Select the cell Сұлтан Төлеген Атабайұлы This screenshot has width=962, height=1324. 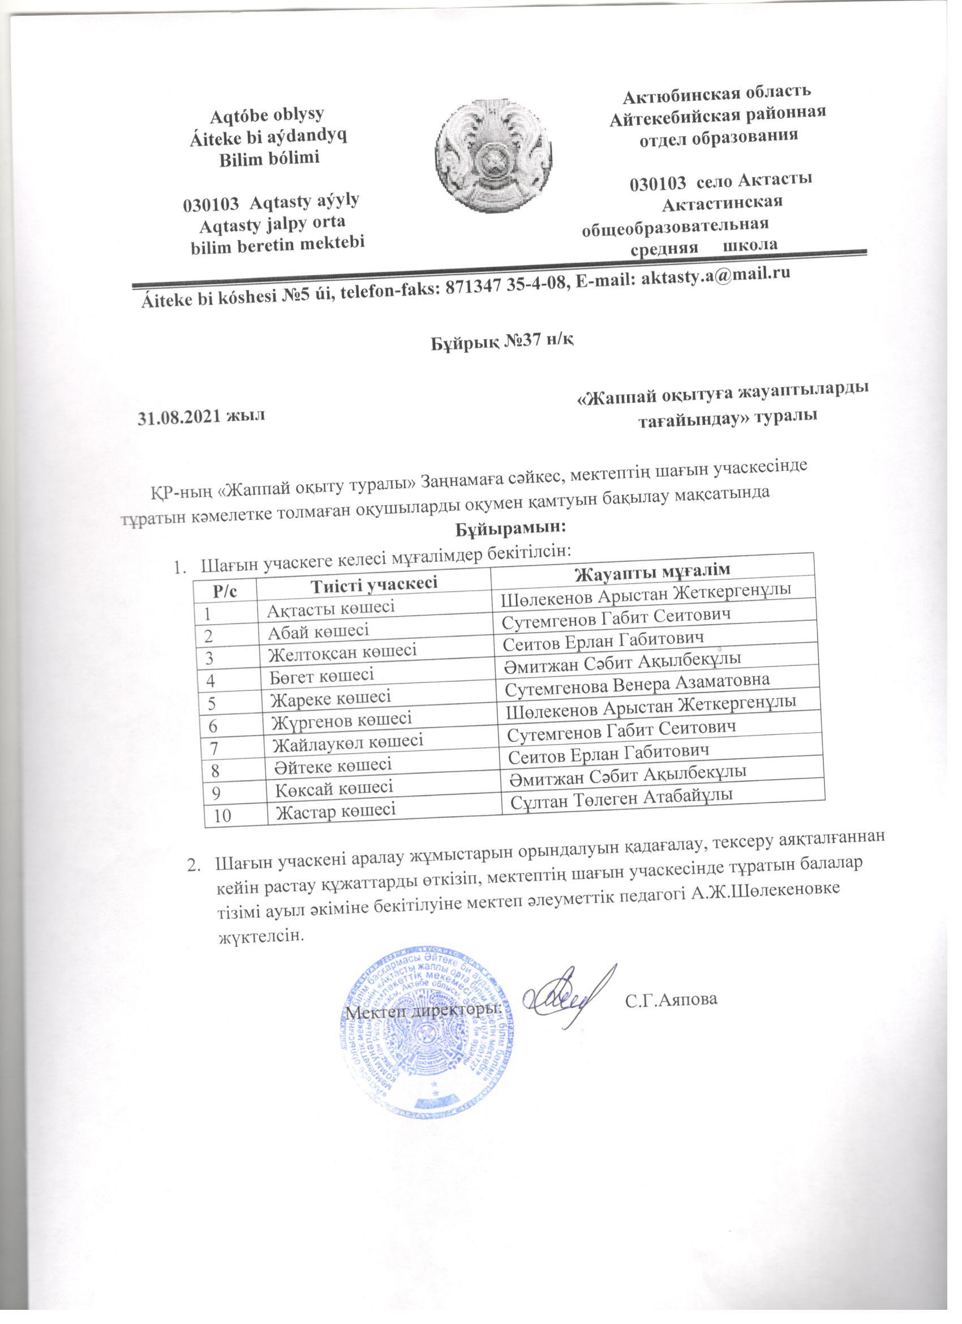click(x=621, y=798)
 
